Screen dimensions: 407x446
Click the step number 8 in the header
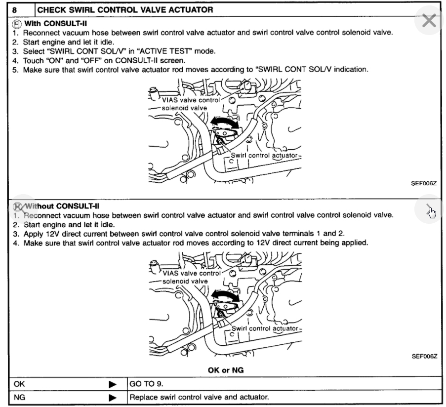pyautogui.click(x=15, y=9)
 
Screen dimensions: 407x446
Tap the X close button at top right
pyautogui.click(x=429, y=21)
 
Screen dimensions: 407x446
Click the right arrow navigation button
pyautogui.click(x=429, y=211)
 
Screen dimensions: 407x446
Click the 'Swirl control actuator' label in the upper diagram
pyautogui.click(x=265, y=156)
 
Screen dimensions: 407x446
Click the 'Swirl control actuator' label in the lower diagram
pyautogui.click(x=265, y=328)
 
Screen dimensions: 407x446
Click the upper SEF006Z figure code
pyautogui.click(x=424, y=183)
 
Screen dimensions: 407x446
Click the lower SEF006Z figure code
pyautogui.click(x=424, y=357)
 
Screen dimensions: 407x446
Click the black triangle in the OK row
pyautogui.click(x=113, y=384)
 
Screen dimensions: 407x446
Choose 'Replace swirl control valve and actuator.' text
pyautogui.click(x=199, y=397)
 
